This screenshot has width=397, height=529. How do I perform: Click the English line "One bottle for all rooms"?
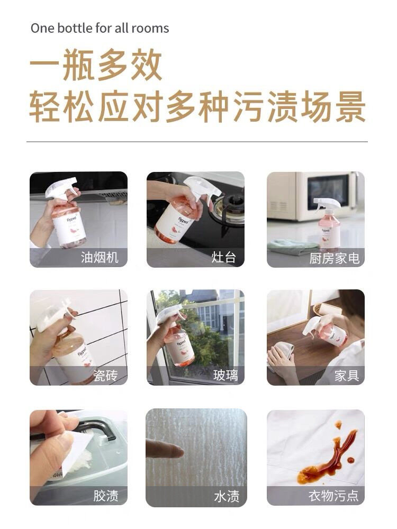coord(100,28)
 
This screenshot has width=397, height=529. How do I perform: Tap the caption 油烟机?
coord(100,258)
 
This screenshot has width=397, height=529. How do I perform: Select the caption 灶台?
coord(223,258)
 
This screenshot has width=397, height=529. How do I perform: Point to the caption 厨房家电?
coord(335,258)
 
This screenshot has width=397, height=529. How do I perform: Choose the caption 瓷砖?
coord(106,376)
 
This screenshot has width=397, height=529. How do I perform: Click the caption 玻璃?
coord(225,376)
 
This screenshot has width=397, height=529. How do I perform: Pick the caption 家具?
coord(347,376)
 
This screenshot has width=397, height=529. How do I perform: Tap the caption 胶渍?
coord(105,496)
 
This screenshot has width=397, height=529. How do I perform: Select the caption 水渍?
coord(226,496)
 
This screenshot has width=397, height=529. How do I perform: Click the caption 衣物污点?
coord(333,496)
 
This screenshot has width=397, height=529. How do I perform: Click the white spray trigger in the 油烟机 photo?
coord(61,188)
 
